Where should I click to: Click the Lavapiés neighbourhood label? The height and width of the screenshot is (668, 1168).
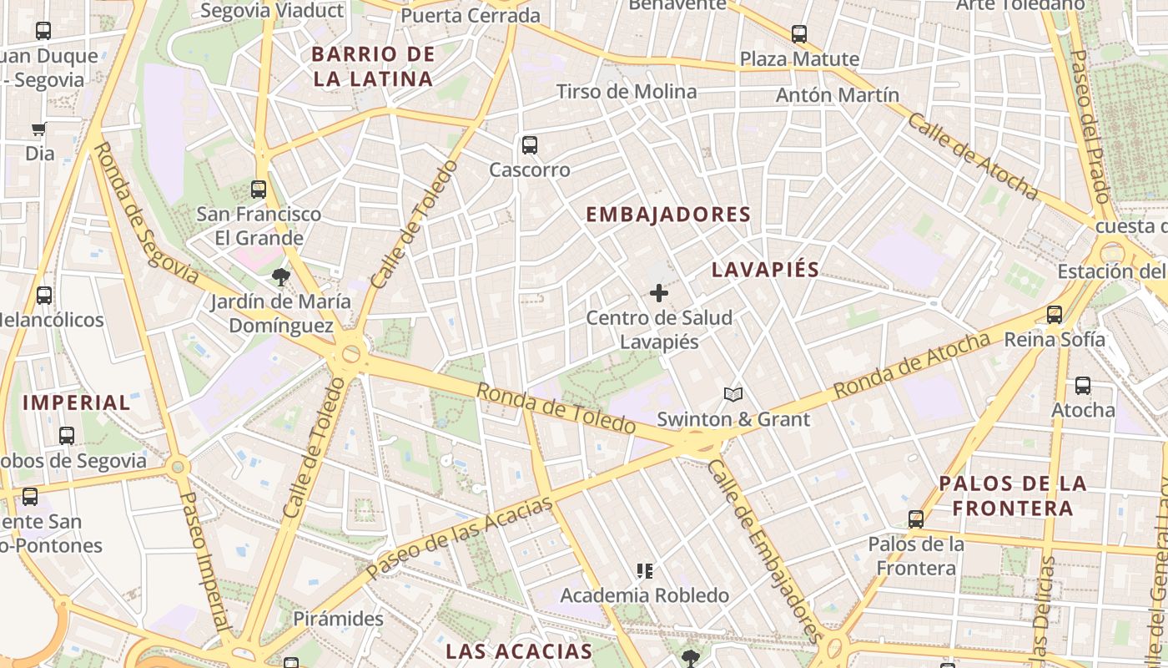[765, 270]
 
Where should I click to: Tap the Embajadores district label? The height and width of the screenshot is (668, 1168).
[668, 215]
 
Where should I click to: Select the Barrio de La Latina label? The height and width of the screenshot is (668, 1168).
[372, 67]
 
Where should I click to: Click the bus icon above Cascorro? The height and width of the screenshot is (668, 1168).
[530, 145]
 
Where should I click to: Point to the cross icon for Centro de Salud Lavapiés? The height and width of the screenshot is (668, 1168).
[659, 293]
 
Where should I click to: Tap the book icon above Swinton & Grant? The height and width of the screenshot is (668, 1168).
[733, 394]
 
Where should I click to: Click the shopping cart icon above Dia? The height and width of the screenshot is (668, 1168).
[38, 129]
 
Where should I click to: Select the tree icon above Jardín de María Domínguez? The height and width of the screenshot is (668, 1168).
[279, 276]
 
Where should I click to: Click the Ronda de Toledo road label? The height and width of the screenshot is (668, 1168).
[556, 408]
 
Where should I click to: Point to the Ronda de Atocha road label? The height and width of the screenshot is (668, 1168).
[912, 364]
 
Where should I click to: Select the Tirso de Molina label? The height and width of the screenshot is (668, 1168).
[627, 92]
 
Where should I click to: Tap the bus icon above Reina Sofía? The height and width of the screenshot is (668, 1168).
[1055, 315]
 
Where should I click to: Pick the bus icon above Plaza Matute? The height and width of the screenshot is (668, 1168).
[799, 34]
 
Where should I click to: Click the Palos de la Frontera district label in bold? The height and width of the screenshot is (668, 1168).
[1013, 495]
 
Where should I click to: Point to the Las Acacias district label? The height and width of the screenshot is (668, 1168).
[519, 651]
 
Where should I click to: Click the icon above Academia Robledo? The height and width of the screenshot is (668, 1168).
[644, 571]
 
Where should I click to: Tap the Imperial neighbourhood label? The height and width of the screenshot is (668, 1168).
[77, 402]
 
